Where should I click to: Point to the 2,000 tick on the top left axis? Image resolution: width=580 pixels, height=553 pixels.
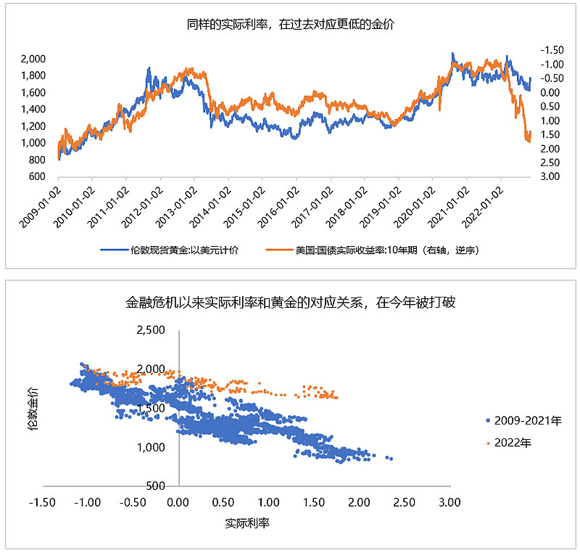pyautogui.click(x=33, y=59)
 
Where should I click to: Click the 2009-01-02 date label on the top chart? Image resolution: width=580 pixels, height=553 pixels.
pyautogui.click(x=40, y=205)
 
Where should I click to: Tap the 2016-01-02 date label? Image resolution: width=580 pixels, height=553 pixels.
pyautogui.click(x=278, y=205)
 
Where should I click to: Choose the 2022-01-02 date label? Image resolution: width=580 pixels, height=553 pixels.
pyautogui.click(x=484, y=205)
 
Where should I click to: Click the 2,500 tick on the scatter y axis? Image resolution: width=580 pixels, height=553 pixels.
pyautogui.click(x=152, y=330)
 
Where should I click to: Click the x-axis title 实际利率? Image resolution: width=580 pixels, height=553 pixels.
pyautogui.click(x=247, y=523)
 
